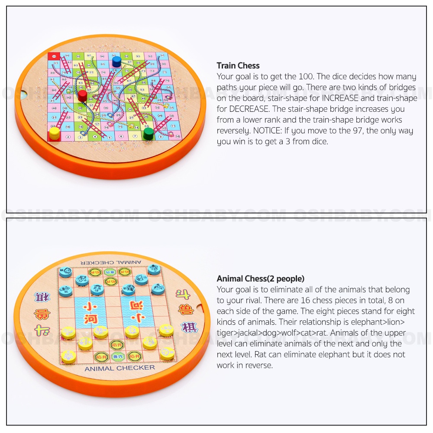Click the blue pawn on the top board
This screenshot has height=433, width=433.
pos(116,61)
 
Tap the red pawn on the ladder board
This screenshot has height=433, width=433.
pos(82,95)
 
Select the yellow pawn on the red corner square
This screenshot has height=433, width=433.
pos(55,133)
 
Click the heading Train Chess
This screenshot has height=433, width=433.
pos(238,66)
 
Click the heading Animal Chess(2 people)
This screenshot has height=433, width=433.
pos(261,278)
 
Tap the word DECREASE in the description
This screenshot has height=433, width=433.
pos(239,109)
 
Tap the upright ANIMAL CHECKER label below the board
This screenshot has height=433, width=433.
pos(120,368)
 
